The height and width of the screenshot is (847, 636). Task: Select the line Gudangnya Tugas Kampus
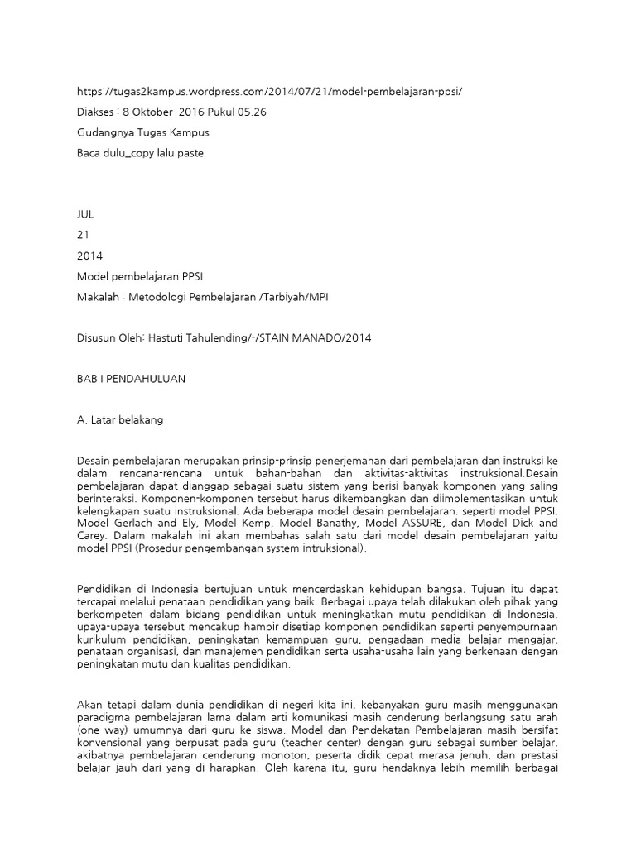142,132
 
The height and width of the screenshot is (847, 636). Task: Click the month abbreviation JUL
85,213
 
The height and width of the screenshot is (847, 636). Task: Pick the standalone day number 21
82,234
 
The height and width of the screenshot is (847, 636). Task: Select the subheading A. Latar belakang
120,419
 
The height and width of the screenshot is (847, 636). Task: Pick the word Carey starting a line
93,536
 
